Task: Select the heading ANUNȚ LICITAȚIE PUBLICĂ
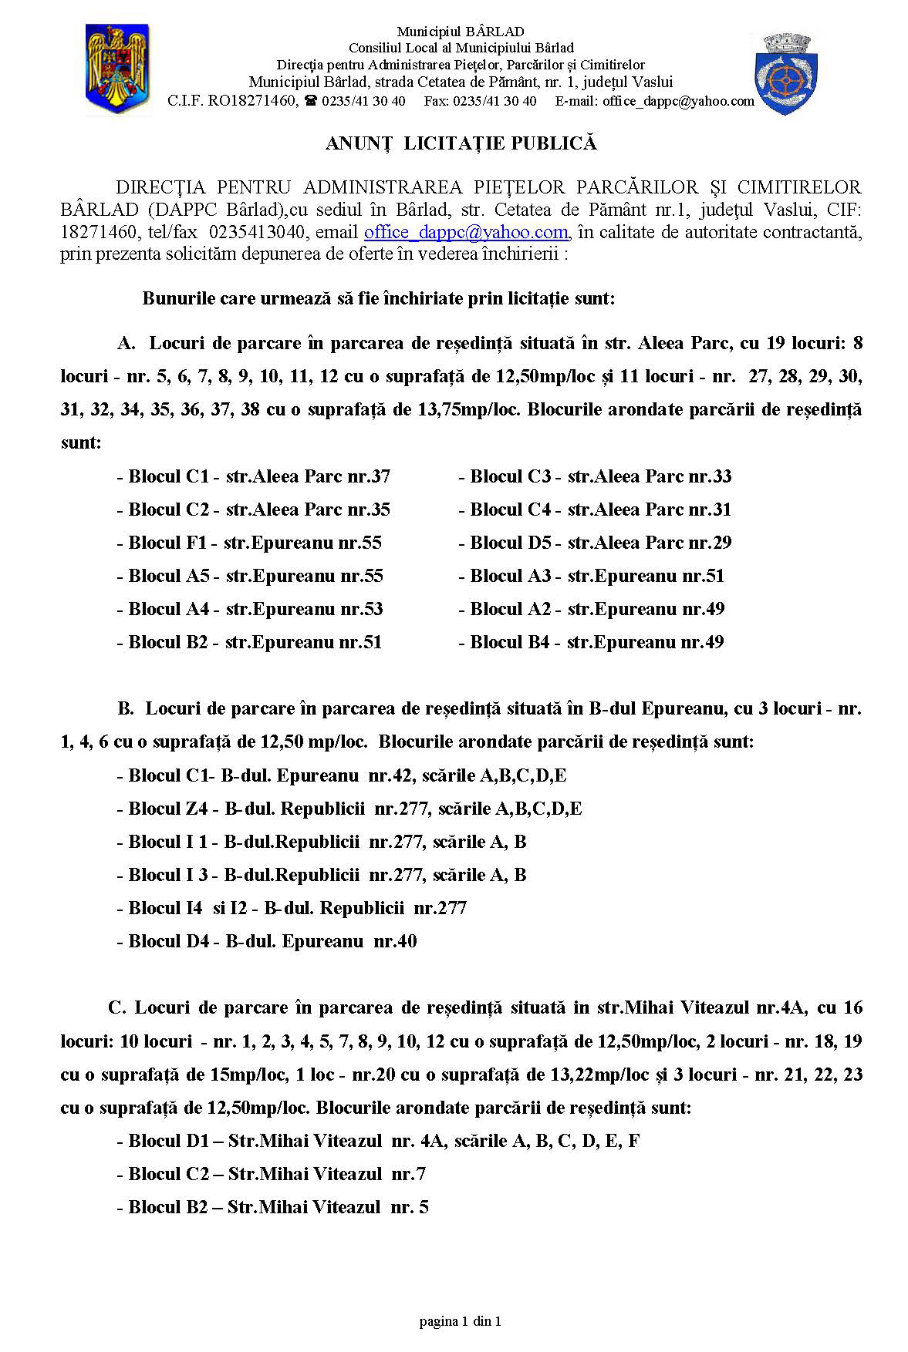click(x=461, y=143)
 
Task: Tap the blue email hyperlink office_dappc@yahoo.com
click(x=466, y=232)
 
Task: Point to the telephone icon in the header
click(x=310, y=101)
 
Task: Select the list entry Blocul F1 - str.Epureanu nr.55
click(x=250, y=543)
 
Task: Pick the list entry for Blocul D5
click(x=595, y=543)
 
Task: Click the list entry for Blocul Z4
click(x=349, y=809)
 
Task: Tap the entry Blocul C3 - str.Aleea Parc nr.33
click(x=595, y=476)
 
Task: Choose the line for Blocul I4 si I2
click(x=292, y=908)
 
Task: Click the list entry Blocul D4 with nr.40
click(x=267, y=941)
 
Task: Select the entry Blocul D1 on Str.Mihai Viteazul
click(x=378, y=1141)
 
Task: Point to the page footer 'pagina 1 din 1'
click(x=461, y=1321)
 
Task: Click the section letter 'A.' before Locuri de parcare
click(x=127, y=343)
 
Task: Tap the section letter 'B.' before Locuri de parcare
click(x=126, y=708)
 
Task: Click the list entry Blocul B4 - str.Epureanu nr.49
click(x=591, y=642)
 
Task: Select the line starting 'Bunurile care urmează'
click(x=378, y=298)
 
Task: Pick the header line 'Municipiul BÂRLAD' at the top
click(x=461, y=32)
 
